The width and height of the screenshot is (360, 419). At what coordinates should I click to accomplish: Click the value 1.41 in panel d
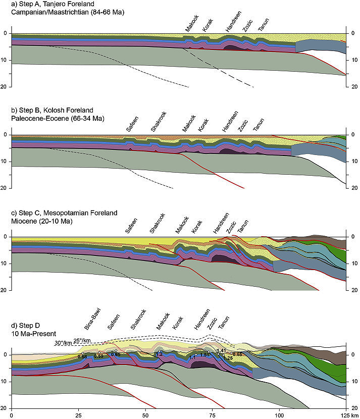click(x=221, y=350)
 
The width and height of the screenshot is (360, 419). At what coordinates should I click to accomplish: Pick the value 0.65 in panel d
click(x=116, y=355)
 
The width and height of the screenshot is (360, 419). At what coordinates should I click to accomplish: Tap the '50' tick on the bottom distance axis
click(x=145, y=415)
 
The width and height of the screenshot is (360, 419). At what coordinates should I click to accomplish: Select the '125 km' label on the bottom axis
click(x=347, y=415)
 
